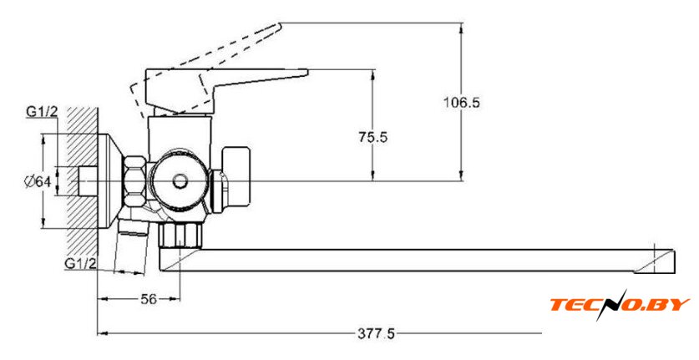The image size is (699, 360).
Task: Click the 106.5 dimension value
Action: click(463, 103)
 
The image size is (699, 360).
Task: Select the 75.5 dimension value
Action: click(372, 138)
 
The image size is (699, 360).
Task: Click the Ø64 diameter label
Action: click(39, 180)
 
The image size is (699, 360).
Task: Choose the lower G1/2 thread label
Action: click(82, 264)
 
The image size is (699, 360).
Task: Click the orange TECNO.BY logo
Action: click(619, 304)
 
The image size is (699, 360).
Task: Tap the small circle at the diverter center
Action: click(179, 180)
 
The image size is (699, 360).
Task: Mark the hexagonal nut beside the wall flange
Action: click(134, 181)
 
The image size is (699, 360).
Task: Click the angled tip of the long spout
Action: click(660, 259)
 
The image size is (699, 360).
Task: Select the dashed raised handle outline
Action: click(209, 58)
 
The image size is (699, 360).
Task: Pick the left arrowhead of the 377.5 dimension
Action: click(101, 333)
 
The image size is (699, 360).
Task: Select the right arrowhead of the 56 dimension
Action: click(176, 297)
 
